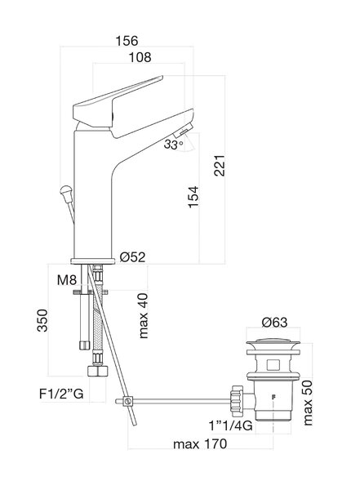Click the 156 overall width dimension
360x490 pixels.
tap(127, 41)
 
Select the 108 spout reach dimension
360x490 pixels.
tap(140, 57)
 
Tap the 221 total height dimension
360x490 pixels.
tap(220, 165)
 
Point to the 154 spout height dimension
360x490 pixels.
tap(193, 197)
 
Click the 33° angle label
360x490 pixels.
tap(173, 145)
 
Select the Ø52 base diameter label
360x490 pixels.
tap(133, 257)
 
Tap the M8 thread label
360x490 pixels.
tap(67, 280)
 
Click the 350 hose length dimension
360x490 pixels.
tap(42, 320)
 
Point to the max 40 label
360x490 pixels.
tap(143, 316)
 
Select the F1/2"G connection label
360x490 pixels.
tap(61, 394)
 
